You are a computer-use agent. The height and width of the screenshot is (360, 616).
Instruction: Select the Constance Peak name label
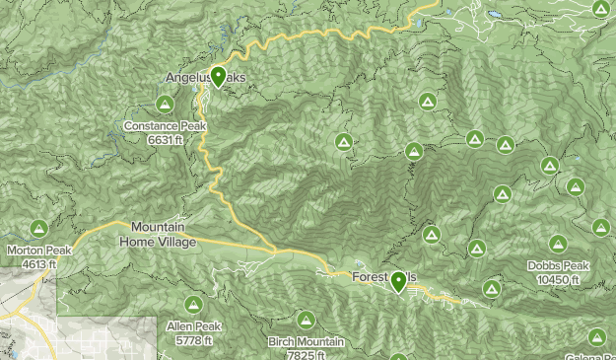(x=164, y=126)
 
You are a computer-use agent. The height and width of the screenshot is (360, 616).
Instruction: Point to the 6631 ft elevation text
(x=164, y=140)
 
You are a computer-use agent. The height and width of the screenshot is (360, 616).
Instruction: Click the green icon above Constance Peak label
(x=164, y=104)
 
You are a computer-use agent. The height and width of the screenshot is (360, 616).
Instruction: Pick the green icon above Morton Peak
(x=38, y=229)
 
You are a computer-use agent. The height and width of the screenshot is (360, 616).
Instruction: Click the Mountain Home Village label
(x=158, y=235)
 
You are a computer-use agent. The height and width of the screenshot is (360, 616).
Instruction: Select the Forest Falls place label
(x=384, y=278)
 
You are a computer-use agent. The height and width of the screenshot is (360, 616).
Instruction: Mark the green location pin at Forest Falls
(x=398, y=281)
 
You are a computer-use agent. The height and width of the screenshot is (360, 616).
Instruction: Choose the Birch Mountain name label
(x=306, y=342)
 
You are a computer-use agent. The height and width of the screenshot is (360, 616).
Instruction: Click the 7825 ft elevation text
(x=306, y=355)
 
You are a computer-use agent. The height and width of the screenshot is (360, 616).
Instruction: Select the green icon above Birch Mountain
(x=307, y=321)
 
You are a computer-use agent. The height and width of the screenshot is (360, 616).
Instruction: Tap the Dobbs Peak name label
(x=558, y=266)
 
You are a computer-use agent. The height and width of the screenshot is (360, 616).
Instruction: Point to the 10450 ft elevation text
(x=558, y=280)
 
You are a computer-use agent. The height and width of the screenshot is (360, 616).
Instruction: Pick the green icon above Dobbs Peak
(x=558, y=244)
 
